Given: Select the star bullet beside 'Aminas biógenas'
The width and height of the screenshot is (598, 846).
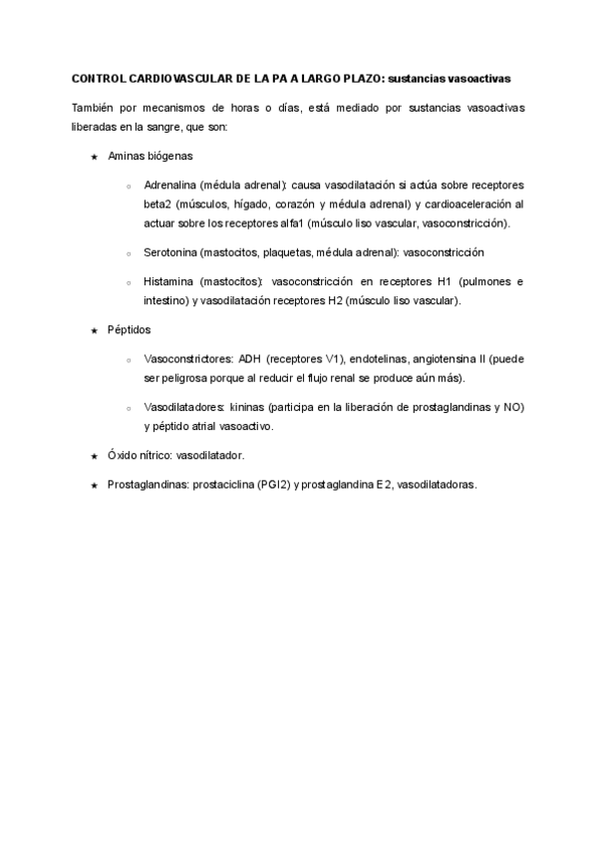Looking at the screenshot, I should coord(94,158).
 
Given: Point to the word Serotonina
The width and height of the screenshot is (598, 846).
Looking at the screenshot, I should coord(171,252).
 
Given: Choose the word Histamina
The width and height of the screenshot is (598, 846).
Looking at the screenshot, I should coord(169,282).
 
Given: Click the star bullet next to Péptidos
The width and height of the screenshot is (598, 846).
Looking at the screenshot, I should coord(94,330).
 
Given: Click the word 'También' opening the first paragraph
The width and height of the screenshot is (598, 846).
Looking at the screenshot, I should coord(95,108).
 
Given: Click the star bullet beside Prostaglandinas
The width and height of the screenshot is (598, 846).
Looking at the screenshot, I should coord(94,486).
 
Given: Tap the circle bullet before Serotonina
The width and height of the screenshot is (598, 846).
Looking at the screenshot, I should coord(128,254).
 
